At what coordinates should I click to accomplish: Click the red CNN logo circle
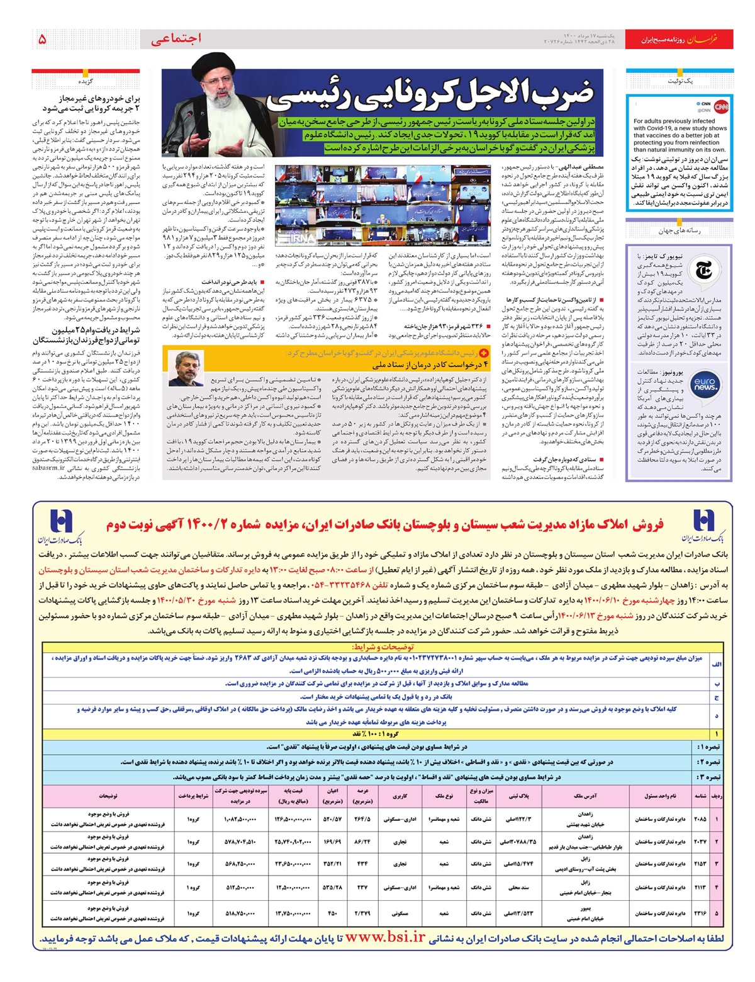(721, 106)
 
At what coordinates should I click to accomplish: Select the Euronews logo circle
(704, 384)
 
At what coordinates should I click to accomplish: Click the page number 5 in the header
(42, 39)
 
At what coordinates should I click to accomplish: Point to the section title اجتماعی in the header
(176, 39)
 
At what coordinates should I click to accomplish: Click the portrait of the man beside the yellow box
(186, 370)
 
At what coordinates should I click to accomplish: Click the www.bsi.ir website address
(385, 937)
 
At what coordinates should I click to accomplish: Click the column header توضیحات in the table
(108, 796)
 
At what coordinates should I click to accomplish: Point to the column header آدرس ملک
(585, 796)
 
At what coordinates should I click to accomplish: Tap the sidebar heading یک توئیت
(679, 81)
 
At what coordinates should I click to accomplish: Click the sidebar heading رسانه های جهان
(679, 231)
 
